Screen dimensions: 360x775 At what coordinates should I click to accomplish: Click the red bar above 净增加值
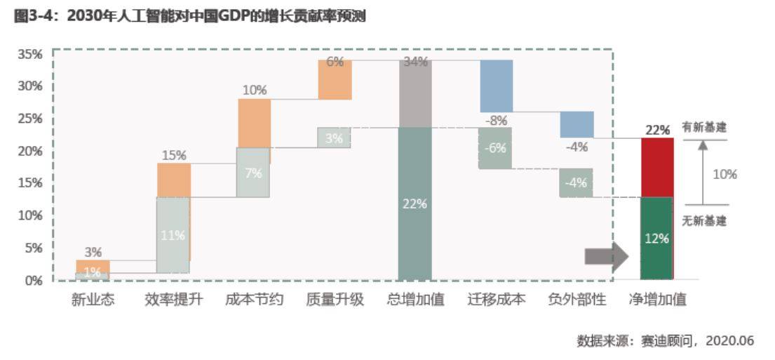click(x=656, y=167)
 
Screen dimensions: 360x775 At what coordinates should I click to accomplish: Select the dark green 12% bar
click(x=656, y=239)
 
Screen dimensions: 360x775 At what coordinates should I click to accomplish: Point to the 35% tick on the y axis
click(x=30, y=54)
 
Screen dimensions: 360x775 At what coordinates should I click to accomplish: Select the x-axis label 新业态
click(x=93, y=300)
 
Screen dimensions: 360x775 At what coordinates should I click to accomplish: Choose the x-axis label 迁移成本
click(x=496, y=300)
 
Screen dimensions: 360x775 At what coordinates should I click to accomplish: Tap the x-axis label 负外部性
click(x=577, y=300)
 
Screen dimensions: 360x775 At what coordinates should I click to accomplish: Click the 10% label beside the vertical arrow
click(x=725, y=174)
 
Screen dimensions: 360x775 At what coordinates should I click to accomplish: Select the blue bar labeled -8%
click(x=496, y=86)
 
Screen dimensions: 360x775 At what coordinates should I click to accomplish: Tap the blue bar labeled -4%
click(x=577, y=124)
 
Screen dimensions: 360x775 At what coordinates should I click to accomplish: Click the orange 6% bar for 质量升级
click(x=335, y=79)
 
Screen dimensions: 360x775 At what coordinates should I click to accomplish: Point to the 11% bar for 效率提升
click(x=173, y=236)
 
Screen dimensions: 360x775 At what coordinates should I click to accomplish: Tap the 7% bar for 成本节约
click(x=253, y=173)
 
